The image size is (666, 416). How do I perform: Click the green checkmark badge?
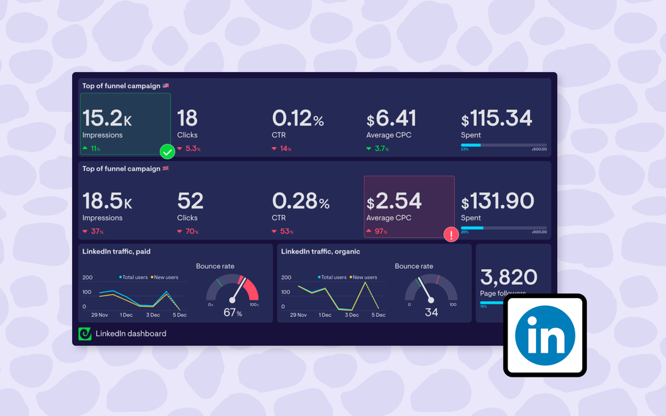point(168,152)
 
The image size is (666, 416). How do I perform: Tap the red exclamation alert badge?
point(451,234)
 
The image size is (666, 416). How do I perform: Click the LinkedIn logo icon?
point(545,335)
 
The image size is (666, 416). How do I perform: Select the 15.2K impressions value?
point(107,118)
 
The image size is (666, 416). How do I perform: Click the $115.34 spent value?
point(497,119)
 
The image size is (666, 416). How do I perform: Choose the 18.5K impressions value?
point(107,201)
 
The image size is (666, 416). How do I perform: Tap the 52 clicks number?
point(190,201)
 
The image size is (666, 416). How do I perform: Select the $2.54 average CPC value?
point(394,201)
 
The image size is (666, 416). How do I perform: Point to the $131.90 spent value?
point(498,201)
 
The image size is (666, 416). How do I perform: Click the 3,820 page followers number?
point(509,276)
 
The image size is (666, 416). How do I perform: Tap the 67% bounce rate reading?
point(232,313)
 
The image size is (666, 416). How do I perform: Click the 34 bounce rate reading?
point(431,312)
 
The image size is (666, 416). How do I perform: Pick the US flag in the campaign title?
point(166,86)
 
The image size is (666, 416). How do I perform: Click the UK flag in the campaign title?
point(166,168)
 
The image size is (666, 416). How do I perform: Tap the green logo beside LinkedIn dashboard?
point(85,334)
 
